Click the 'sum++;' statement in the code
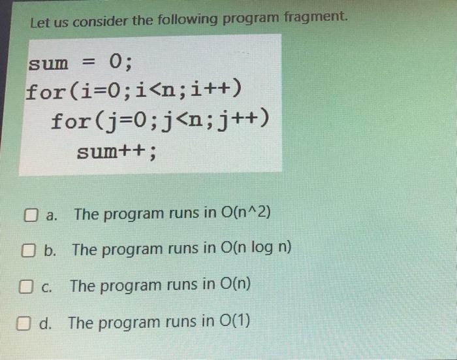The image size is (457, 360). [117, 152]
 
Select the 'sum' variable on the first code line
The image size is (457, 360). [47, 63]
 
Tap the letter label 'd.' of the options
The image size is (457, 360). [48, 323]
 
